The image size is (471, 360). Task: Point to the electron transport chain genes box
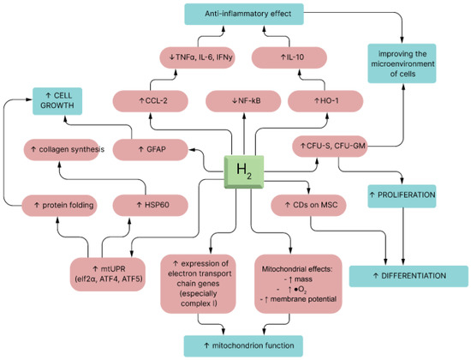pos(203,281)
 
